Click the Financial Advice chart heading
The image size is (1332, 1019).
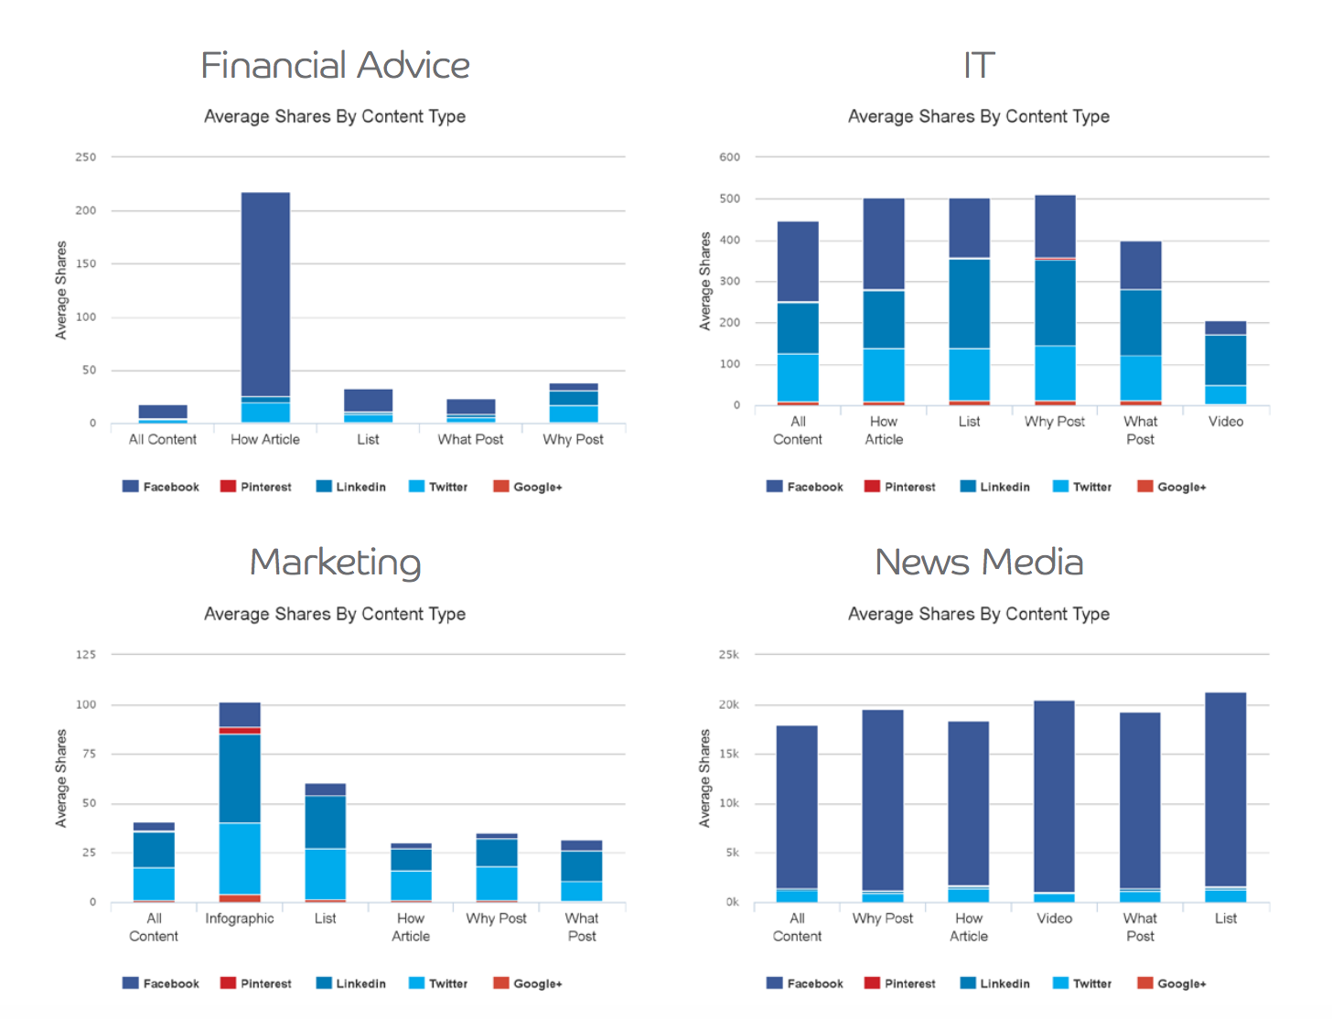335,66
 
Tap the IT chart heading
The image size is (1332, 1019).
978,66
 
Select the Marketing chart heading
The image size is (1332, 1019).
335,563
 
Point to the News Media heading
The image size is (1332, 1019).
978,563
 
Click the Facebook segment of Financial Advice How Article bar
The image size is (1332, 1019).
265,293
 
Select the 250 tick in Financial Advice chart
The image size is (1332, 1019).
86,157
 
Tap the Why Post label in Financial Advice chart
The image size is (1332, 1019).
573,439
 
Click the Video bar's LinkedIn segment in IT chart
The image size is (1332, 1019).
1225,359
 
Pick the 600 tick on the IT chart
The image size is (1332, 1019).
729,157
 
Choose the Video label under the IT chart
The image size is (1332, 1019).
1225,422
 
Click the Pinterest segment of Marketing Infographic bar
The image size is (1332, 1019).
240,730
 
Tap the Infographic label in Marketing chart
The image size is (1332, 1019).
240,918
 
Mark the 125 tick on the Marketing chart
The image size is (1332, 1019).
86,655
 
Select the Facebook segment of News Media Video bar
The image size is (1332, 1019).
1054,796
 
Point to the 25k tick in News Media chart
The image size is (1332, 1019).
729,655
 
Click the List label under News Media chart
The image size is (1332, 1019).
1225,918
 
